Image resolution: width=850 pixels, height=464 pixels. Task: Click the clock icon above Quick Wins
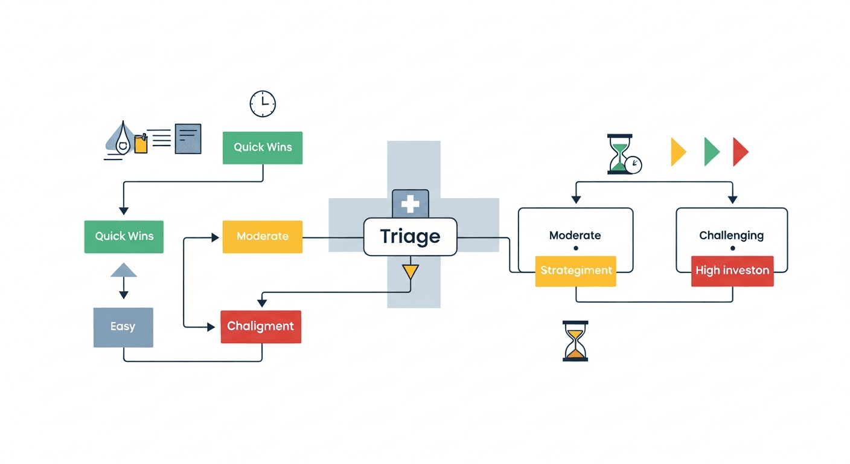[263, 104]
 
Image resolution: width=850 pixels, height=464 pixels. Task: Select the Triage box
[410, 236]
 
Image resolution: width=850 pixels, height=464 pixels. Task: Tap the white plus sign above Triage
[411, 204]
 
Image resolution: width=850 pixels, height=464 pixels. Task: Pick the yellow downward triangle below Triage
[411, 271]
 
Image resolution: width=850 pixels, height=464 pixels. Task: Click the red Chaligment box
[261, 326]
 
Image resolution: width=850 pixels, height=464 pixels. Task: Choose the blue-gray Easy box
[123, 327]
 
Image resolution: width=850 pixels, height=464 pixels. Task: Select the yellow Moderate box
[263, 236]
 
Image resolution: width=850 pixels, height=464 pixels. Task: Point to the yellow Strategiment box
[576, 271]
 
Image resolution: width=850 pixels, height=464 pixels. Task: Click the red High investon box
[732, 271]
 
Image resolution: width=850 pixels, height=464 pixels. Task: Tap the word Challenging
[731, 235]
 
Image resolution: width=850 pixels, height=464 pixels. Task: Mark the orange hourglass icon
[575, 341]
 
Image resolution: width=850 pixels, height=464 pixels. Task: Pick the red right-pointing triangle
[740, 152]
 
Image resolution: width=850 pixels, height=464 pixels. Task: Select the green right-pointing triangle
[712, 152]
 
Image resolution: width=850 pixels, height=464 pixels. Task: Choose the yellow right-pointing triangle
[679, 152]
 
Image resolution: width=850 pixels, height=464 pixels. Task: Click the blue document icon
[188, 139]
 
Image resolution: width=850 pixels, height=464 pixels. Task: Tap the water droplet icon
[124, 140]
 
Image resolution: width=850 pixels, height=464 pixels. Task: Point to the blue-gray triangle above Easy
[124, 270]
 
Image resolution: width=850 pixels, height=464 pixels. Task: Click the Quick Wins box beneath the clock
[263, 147]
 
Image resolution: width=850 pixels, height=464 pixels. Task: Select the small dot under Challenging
[732, 248]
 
